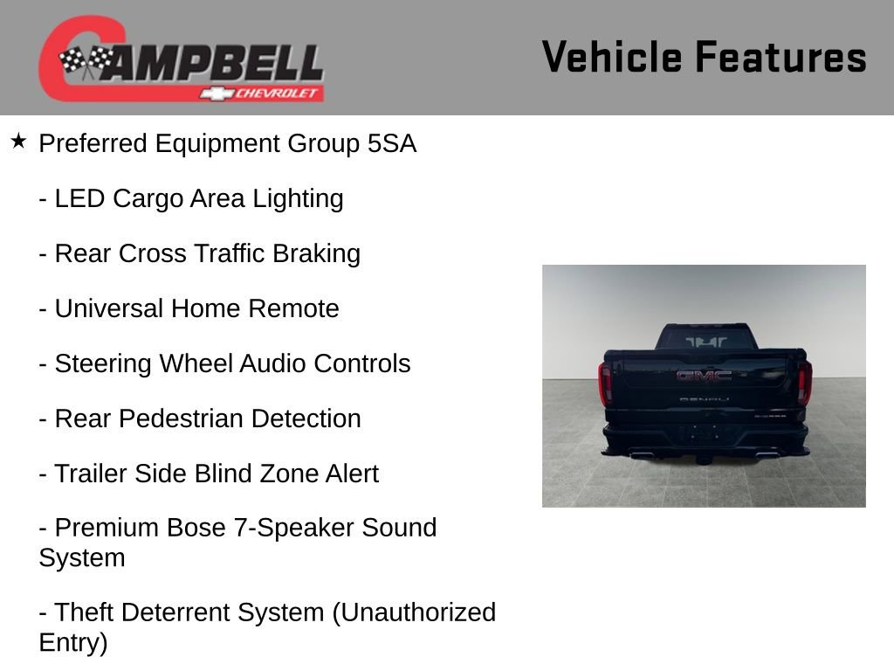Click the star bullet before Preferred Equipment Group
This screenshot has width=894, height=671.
(18, 141)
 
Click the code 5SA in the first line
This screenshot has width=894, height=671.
(392, 144)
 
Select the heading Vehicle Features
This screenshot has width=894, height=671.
(704, 58)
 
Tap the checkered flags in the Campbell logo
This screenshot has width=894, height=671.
(86, 60)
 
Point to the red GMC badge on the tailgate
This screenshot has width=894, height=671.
(704, 376)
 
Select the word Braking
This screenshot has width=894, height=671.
(316, 254)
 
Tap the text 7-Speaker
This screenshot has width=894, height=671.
(289, 529)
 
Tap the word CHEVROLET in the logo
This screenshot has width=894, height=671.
(278, 94)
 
